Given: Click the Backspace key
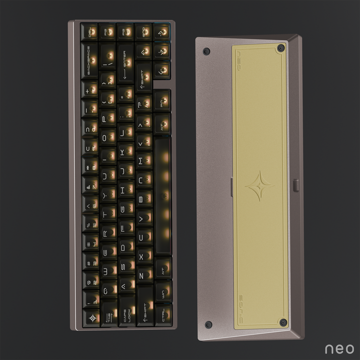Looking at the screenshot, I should click(x=90, y=60).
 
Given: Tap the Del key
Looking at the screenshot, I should click(x=90, y=32).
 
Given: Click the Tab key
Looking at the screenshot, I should click(x=108, y=314).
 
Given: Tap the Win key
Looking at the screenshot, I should click(x=162, y=291).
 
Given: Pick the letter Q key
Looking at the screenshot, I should click(x=108, y=290).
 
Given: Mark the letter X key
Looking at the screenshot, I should click(x=144, y=256).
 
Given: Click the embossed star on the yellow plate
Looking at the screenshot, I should click(x=259, y=185).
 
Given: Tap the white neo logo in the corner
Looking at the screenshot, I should click(x=339, y=348).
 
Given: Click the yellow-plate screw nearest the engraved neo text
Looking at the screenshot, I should click(x=281, y=48).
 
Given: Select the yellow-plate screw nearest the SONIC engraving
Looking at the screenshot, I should click(x=283, y=321).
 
